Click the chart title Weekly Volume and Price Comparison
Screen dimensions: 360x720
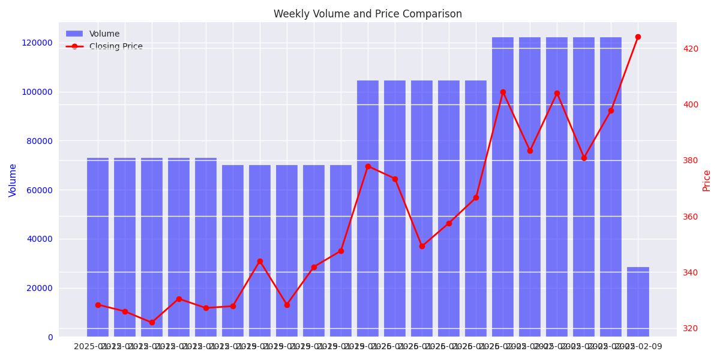[x=368, y=14]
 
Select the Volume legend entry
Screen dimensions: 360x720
[x=104, y=34]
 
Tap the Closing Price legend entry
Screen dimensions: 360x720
[x=116, y=47]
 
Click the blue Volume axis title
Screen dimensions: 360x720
[x=13, y=180]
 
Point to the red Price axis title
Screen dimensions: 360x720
[x=706, y=180]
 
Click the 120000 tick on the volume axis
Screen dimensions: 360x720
[x=37, y=43]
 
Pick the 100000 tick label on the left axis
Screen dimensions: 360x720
[x=37, y=92]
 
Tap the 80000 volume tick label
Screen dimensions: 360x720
[x=40, y=141]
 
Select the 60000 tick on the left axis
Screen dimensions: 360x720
[x=40, y=190]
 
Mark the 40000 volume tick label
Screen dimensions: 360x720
[x=40, y=239]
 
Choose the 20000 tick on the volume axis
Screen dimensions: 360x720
[x=40, y=288]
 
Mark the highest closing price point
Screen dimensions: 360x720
[x=638, y=37]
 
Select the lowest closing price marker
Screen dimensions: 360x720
[x=152, y=322]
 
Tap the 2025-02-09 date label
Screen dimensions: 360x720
[x=640, y=347]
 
